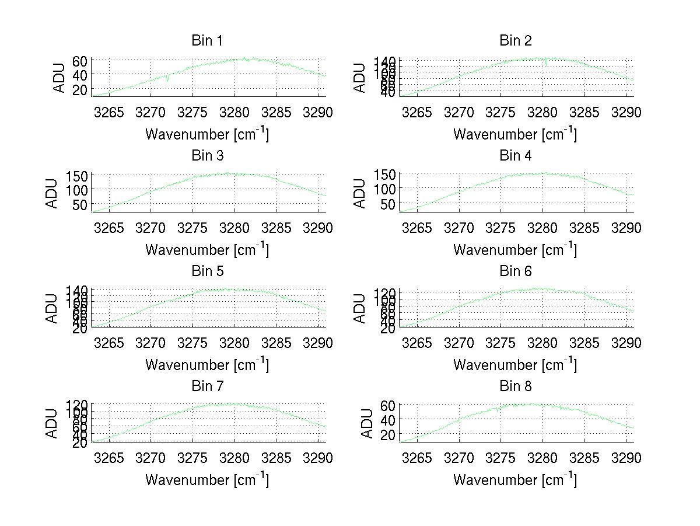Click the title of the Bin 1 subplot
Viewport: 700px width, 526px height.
coord(207,41)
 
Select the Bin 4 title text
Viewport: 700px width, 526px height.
coord(516,156)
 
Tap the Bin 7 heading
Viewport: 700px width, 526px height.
coord(207,386)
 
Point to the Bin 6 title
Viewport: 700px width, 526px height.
coord(516,271)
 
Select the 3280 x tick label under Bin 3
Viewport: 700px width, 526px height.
coord(235,227)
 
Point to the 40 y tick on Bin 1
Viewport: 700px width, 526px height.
coord(80,75)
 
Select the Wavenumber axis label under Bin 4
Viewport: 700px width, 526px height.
coord(516,249)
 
